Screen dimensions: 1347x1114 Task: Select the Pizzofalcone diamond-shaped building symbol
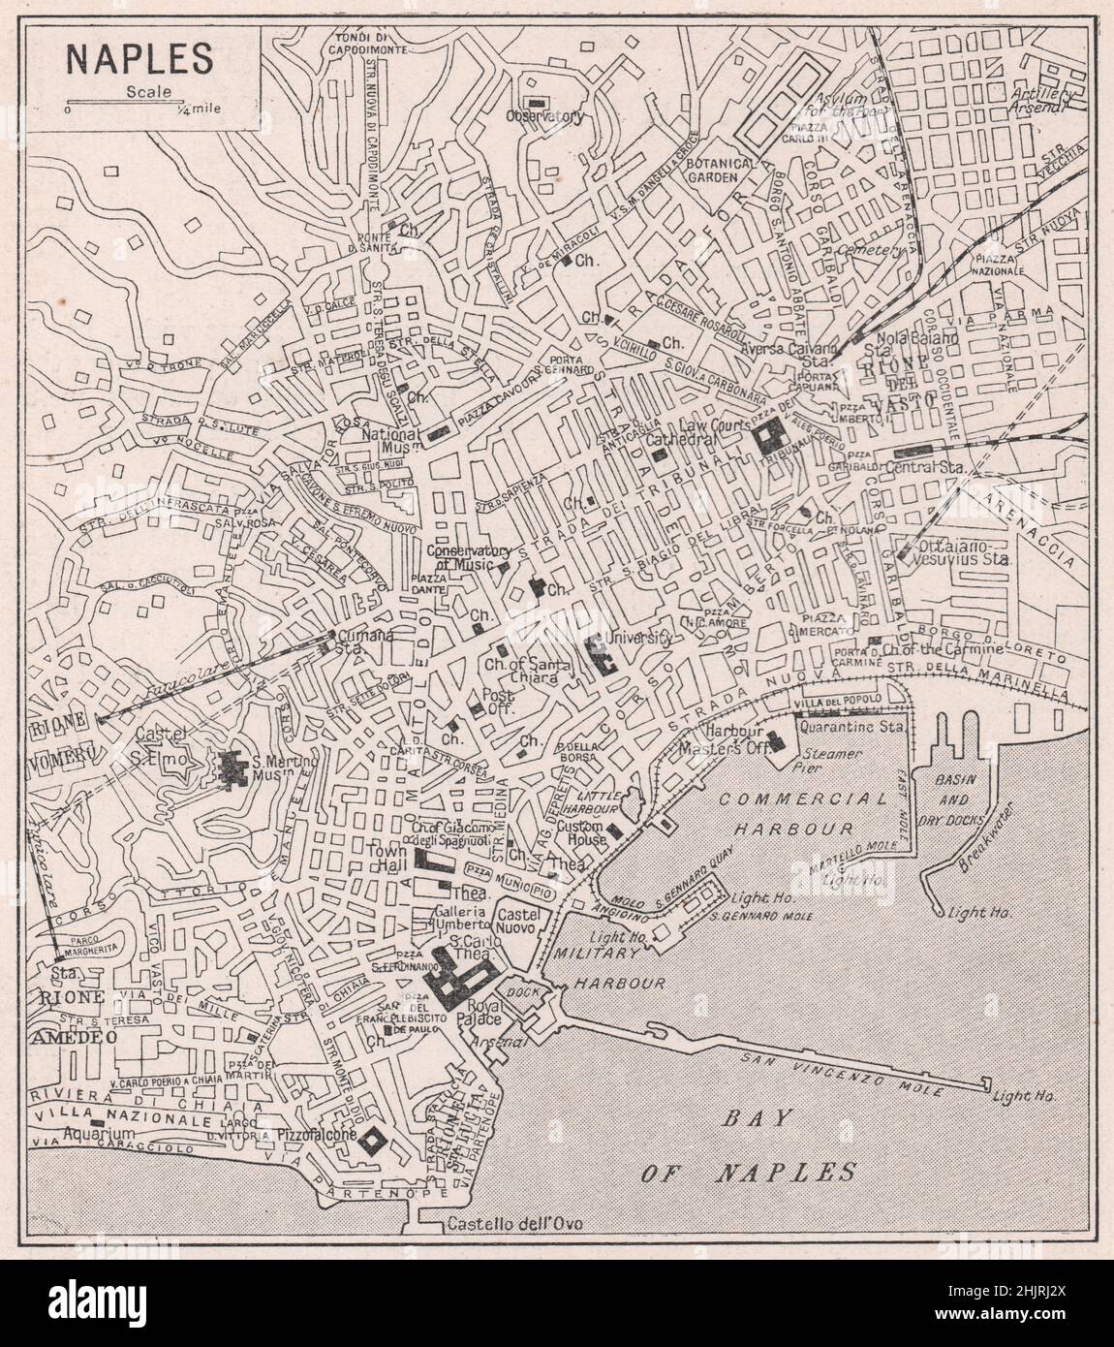pos(372,1143)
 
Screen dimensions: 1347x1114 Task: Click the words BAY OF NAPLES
pos(751,1144)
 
